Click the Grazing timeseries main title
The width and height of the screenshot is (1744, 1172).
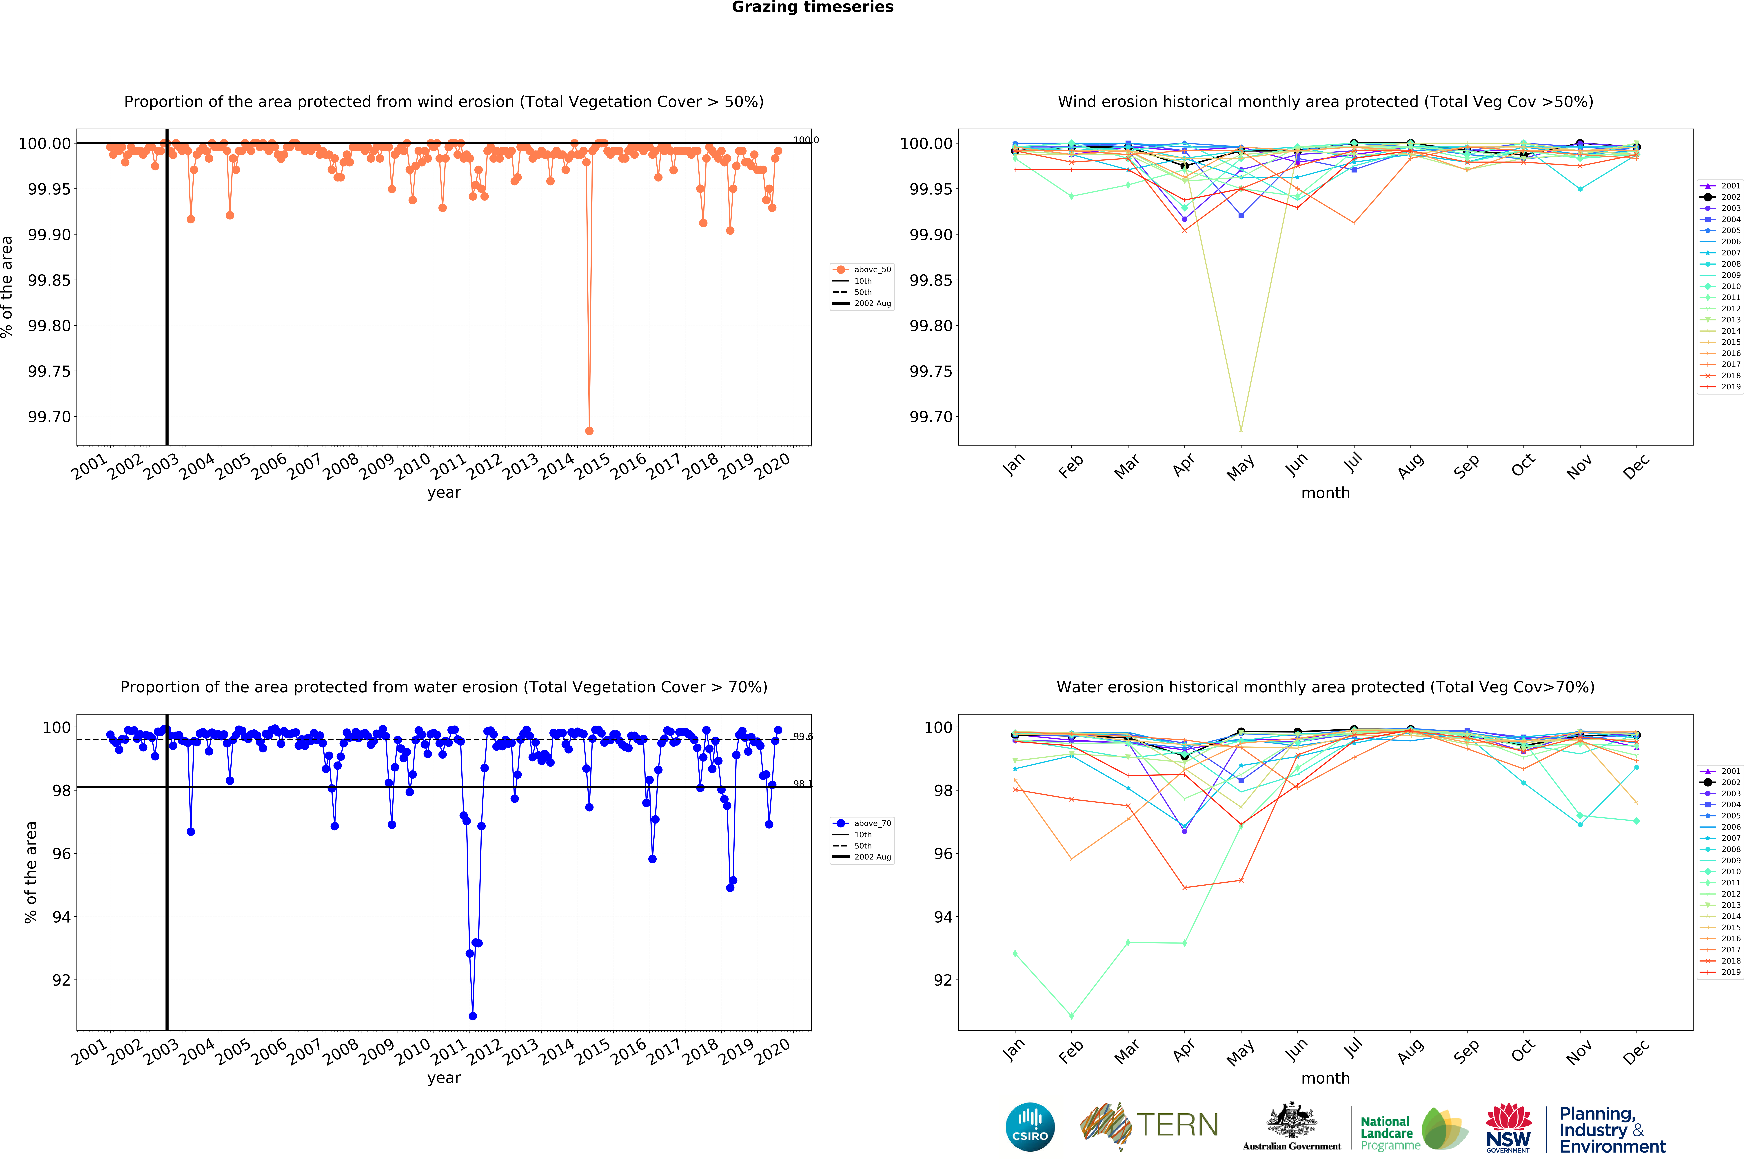[812, 8]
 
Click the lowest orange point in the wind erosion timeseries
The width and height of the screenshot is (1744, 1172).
[589, 430]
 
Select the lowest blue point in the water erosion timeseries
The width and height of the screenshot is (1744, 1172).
[472, 1016]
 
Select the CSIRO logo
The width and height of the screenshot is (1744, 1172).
[1030, 1127]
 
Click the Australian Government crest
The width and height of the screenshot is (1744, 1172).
[1291, 1121]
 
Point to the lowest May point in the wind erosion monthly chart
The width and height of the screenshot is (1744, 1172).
[1241, 430]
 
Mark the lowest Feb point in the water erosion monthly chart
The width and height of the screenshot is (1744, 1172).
[1071, 1016]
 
